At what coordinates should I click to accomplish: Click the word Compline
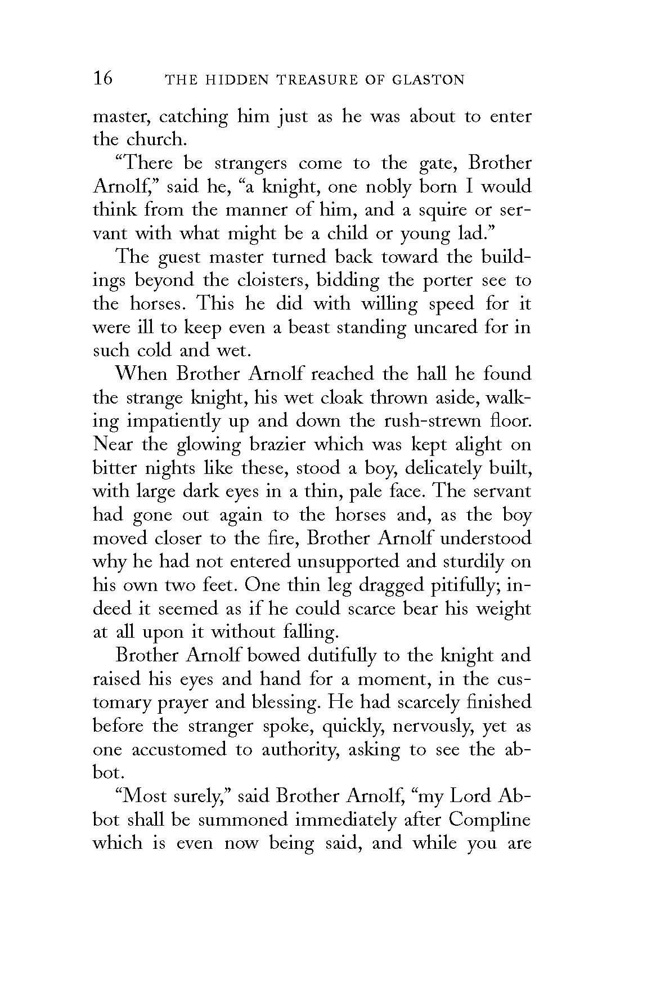click(x=489, y=820)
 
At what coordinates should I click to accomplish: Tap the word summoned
click(x=242, y=820)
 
